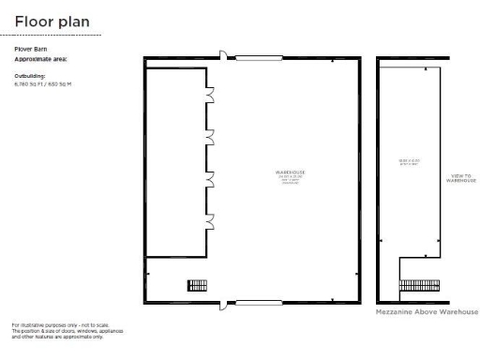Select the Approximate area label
pos(41,58)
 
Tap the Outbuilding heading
pos(30,74)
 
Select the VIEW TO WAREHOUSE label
pos(461,177)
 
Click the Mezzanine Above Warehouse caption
pos(427,311)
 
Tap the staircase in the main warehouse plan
pos(197,285)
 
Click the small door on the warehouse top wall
pos(222,55)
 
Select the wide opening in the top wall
pos(259,58)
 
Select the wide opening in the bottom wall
pos(259,302)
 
